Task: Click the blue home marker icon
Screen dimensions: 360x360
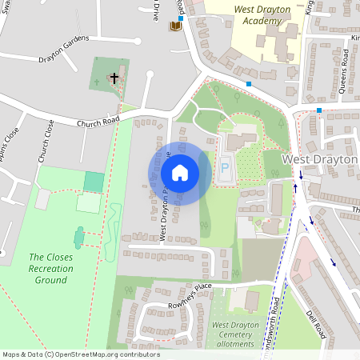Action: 180,172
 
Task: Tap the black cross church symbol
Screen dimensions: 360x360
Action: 114,78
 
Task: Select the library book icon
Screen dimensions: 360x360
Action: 175,26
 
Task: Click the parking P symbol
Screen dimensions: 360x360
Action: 225,168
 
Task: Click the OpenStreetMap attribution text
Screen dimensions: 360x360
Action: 81,354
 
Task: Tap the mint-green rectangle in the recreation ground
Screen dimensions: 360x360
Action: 94,182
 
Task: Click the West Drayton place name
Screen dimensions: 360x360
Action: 319,160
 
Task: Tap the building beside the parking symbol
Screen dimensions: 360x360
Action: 238,142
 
